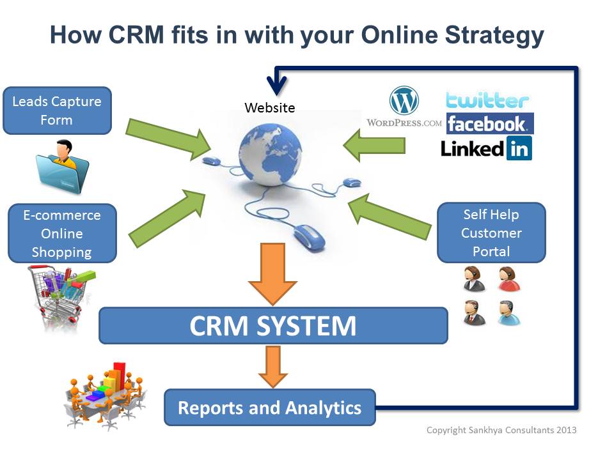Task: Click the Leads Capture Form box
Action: click(x=57, y=111)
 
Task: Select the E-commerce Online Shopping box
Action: click(x=62, y=233)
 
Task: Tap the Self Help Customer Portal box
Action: click(x=491, y=233)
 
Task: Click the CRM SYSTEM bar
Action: click(x=273, y=326)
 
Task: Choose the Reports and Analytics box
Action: click(x=269, y=408)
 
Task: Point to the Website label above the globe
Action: click(x=270, y=107)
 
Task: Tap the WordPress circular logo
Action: click(x=404, y=101)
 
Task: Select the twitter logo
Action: click(x=487, y=100)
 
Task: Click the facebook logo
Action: click(x=489, y=123)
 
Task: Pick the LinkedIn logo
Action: click(x=487, y=149)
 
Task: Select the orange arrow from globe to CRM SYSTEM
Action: click(x=272, y=272)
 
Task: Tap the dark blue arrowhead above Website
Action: click(x=278, y=85)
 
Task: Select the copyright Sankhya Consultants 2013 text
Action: click(x=501, y=430)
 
